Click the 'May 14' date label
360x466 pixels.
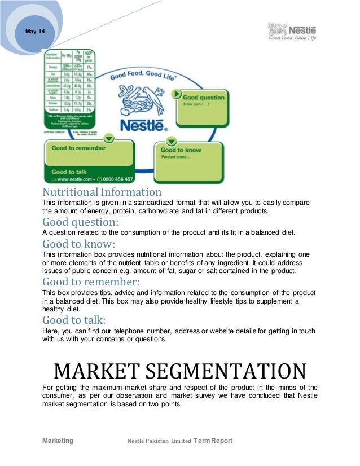click(x=35, y=32)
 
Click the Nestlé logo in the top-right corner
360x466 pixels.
click(x=291, y=32)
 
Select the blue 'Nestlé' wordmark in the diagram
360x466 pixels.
click(x=141, y=125)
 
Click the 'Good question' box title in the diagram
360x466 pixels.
click(x=203, y=97)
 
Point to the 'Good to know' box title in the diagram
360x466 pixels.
click(x=181, y=150)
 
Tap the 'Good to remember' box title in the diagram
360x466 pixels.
click(x=78, y=148)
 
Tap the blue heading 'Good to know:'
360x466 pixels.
click(x=79, y=244)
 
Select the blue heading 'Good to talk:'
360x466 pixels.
click(x=74, y=320)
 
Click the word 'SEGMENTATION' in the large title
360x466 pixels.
click(x=229, y=371)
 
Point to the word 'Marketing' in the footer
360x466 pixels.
click(x=58, y=441)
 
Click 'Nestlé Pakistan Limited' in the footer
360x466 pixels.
click(x=160, y=441)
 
